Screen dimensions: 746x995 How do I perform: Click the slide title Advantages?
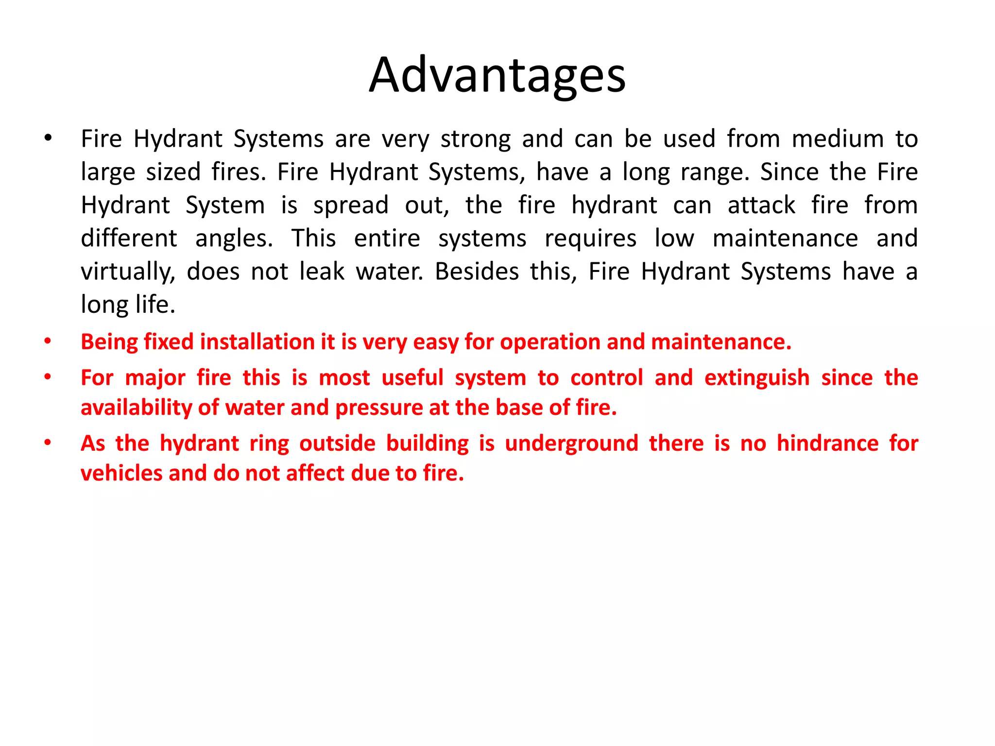pyautogui.click(x=497, y=76)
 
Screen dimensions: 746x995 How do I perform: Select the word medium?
pyautogui.click(x=838, y=139)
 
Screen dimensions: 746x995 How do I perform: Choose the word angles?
pyautogui.click(x=234, y=238)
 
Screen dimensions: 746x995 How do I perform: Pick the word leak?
pyautogui.click(x=322, y=271)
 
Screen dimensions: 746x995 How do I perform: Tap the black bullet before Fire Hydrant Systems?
pyautogui.click(x=47, y=139)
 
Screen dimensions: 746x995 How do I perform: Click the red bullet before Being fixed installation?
pyautogui.click(x=47, y=341)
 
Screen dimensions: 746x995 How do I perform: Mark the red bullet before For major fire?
pyautogui.click(x=47, y=377)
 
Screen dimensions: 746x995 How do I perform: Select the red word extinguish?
pyautogui.click(x=757, y=378)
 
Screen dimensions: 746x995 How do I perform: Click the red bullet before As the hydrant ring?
pyautogui.click(x=47, y=443)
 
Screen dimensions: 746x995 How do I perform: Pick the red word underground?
pyautogui.click(x=571, y=443)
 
